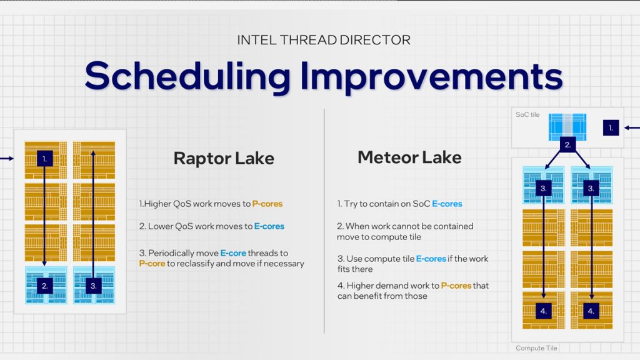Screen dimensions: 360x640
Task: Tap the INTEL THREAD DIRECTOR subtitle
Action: tap(324, 40)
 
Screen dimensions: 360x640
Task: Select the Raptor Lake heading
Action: tap(224, 158)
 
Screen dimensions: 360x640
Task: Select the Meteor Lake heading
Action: tap(409, 157)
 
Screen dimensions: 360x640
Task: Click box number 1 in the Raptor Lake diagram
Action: tap(44, 159)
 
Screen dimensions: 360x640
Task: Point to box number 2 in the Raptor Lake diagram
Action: tap(44, 286)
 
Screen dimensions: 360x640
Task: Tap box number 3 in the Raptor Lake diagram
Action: tap(92, 286)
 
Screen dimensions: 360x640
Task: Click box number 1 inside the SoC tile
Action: tap(611, 128)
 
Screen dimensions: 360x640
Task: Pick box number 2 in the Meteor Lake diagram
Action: tap(567, 144)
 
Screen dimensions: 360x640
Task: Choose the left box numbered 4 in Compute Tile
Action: tap(543, 310)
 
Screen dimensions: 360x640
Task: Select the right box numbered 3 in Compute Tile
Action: tap(591, 187)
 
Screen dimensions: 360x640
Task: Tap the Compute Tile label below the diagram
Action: tap(536, 348)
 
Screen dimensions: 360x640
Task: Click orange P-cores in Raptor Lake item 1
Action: tap(267, 204)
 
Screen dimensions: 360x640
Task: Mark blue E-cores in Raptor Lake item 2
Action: tap(269, 226)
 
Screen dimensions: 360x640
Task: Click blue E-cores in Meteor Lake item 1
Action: tap(447, 204)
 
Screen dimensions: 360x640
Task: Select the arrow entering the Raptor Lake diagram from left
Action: tap(6, 159)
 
